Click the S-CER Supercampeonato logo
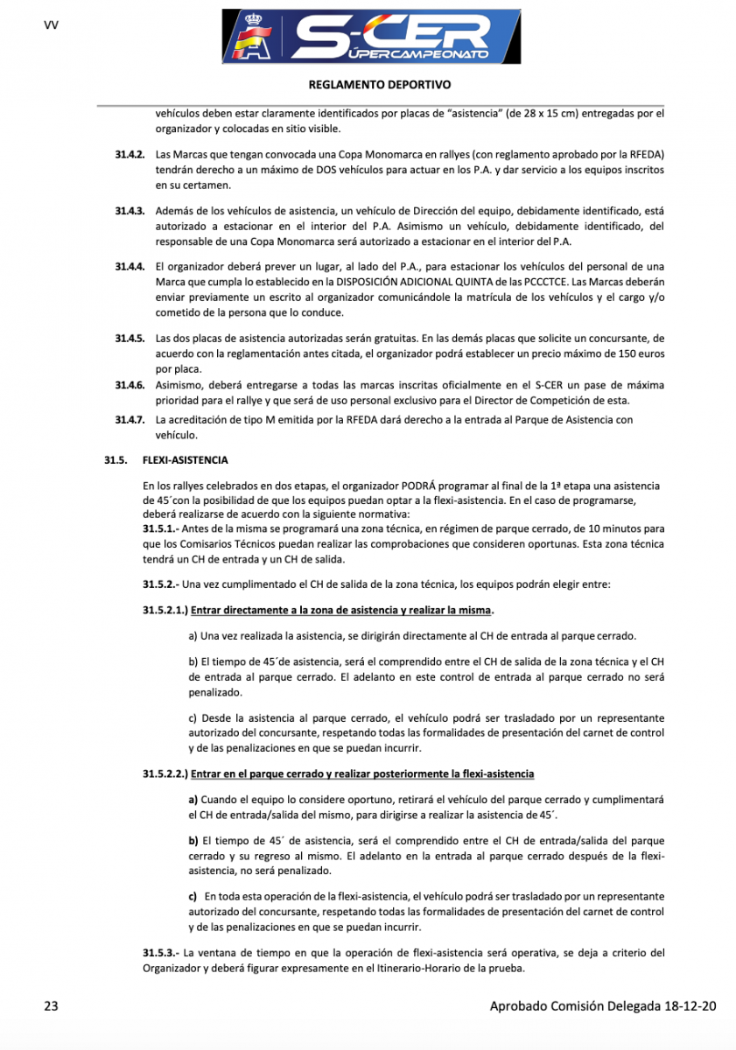click(x=371, y=37)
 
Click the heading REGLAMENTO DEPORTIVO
click(x=368, y=86)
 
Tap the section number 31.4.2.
click(x=129, y=153)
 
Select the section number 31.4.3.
click(x=129, y=211)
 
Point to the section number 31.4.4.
click(x=129, y=266)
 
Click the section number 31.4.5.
click(x=129, y=337)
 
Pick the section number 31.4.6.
click(x=129, y=385)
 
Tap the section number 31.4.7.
click(x=129, y=420)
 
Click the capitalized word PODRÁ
click(x=419, y=485)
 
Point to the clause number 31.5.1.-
click(x=165, y=529)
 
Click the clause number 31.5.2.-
click(x=165, y=584)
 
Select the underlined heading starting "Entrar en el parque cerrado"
click(x=361, y=774)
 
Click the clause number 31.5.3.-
click(x=165, y=951)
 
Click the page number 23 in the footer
click(x=51, y=1006)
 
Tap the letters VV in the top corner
click(x=50, y=24)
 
